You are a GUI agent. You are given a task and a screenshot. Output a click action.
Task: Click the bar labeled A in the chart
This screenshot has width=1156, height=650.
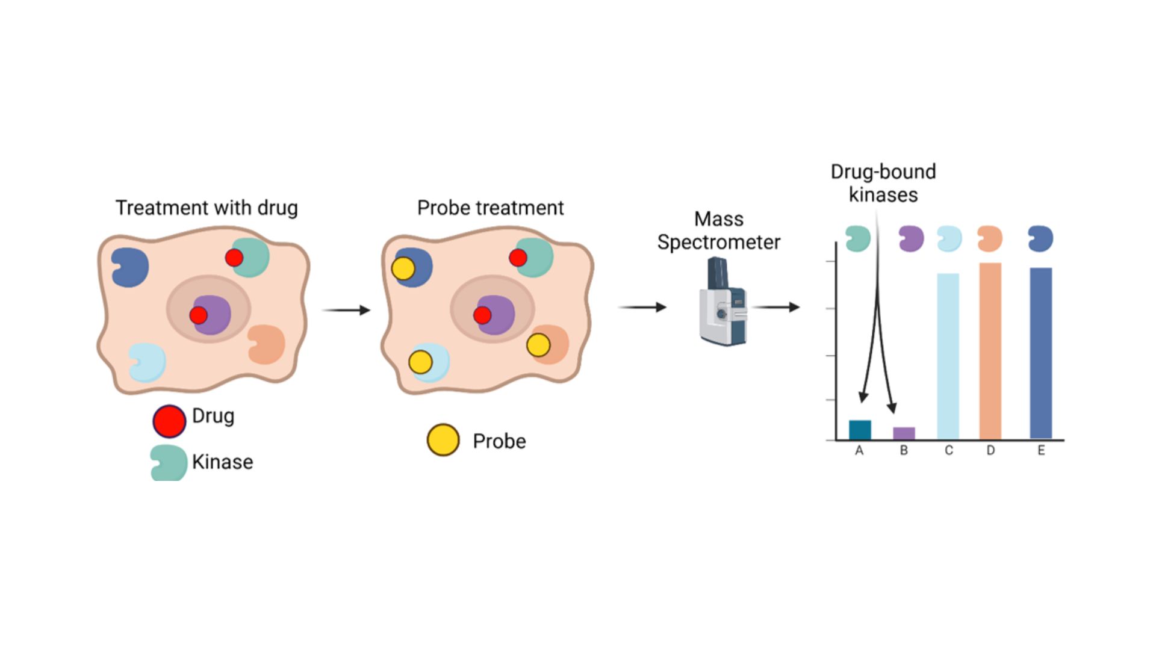(x=860, y=430)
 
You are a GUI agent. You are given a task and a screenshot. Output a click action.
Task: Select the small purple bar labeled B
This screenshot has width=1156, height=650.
(x=904, y=433)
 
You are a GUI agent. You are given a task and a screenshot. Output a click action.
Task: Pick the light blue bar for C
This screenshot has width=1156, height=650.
(x=948, y=356)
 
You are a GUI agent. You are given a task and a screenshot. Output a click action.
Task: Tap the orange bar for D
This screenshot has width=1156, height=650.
(x=990, y=351)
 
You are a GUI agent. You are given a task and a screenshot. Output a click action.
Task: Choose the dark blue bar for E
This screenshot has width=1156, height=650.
(x=1041, y=353)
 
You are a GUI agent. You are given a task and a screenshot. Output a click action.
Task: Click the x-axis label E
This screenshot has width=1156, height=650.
(x=1041, y=451)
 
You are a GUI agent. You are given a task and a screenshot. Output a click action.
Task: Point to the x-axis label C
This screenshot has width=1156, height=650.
(x=949, y=451)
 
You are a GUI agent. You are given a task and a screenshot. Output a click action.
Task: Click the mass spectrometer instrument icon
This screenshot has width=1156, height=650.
(x=723, y=302)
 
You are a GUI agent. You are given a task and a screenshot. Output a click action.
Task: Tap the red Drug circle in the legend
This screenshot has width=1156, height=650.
(x=169, y=421)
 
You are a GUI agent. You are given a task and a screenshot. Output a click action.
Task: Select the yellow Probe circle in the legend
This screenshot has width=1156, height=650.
(x=443, y=440)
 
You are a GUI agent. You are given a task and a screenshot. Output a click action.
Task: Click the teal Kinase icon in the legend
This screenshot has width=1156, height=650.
(x=168, y=463)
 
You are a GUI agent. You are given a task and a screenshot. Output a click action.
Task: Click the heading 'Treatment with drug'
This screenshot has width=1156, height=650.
(x=207, y=208)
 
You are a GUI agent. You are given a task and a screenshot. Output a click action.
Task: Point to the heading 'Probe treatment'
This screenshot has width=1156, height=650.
(x=490, y=208)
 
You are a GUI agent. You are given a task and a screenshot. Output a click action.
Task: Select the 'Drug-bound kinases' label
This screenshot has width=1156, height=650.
(x=883, y=183)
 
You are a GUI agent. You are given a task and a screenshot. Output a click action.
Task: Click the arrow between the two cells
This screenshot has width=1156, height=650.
(x=346, y=310)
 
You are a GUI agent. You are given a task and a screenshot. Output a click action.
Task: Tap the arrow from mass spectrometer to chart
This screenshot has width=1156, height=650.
(x=776, y=307)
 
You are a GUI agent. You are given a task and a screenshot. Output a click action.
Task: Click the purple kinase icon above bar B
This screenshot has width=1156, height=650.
(x=911, y=239)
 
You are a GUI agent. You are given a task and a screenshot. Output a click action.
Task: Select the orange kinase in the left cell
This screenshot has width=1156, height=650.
(x=267, y=344)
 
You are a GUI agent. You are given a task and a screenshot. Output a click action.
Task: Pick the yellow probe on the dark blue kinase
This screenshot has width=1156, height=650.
(x=403, y=268)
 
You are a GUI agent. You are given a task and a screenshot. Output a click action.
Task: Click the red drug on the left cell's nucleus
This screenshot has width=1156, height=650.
(x=198, y=315)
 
